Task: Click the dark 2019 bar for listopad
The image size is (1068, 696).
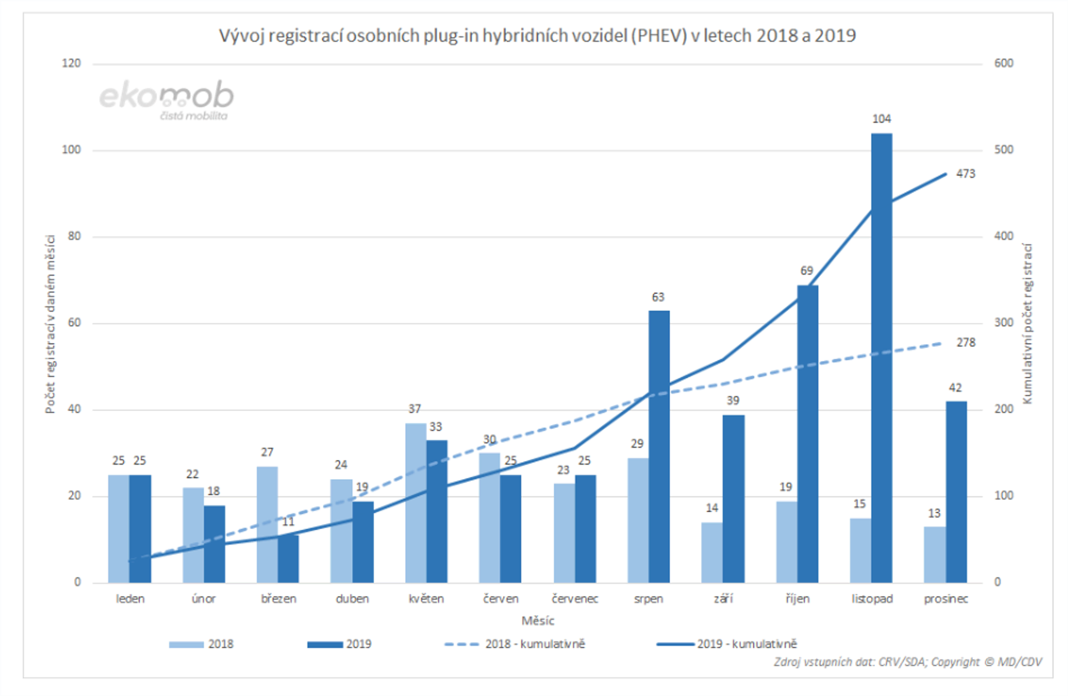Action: pyautogui.click(x=882, y=359)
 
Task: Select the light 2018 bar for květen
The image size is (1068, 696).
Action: pyautogui.click(x=416, y=503)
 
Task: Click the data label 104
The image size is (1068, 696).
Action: pyautogui.click(x=882, y=119)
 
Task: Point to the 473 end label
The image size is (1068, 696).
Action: pyautogui.click(x=965, y=173)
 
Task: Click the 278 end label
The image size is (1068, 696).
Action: pyautogui.click(x=966, y=342)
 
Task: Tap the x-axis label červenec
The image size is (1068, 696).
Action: pyautogui.click(x=575, y=599)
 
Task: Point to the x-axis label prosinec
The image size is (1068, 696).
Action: pyautogui.click(x=946, y=599)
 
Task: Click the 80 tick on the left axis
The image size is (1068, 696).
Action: pyautogui.click(x=74, y=236)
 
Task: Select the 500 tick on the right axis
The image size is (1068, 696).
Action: pyautogui.click(x=1003, y=150)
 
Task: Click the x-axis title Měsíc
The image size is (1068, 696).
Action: pyautogui.click(x=538, y=621)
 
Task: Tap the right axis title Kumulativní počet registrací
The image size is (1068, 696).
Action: pyautogui.click(x=1027, y=323)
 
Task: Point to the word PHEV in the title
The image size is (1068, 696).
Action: pyautogui.click(x=659, y=36)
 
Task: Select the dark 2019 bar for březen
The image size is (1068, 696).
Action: pyautogui.click(x=288, y=559)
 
